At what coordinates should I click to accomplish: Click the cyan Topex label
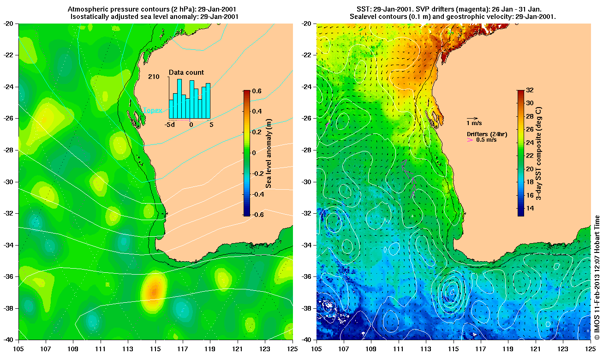tap(153, 110)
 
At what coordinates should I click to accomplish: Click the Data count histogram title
tap(186, 72)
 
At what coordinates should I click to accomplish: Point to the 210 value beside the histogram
tap(154, 77)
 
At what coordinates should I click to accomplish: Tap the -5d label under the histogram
tap(170, 125)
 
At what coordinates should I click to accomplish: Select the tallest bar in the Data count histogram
tap(179, 98)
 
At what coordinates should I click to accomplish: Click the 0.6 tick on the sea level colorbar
tap(256, 91)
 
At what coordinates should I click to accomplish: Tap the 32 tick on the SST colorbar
tap(530, 91)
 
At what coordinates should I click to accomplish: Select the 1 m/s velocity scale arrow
tap(472, 118)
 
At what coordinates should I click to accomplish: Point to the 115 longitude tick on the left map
tap(155, 346)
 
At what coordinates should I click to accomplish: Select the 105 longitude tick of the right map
tap(316, 346)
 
